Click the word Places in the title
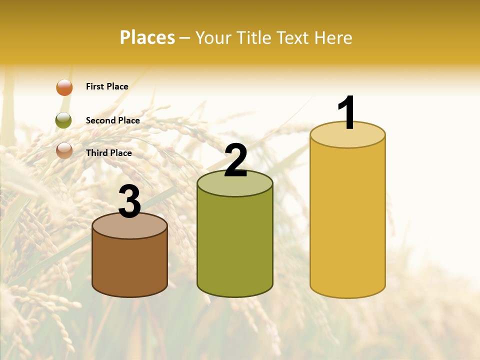(x=147, y=37)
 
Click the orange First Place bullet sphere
(x=64, y=87)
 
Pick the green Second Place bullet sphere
(x=63, y=120)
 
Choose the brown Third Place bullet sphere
(x=64, y=150)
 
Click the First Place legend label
(x=107, y=86)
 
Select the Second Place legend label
(x=112, y=120)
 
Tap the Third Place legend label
(x=108, y=153)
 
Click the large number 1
(x=347, y=113)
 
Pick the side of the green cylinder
(x=235, y=245)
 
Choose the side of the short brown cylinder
(x=129, y=265)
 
